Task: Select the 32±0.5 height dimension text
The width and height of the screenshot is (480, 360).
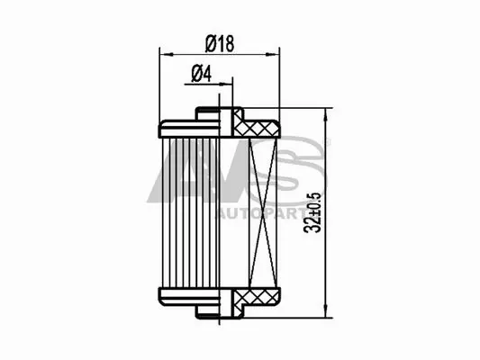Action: click(312, 211)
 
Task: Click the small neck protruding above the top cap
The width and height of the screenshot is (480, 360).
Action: click(208, 113)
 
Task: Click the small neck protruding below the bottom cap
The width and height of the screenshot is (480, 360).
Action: click(208, 311)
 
